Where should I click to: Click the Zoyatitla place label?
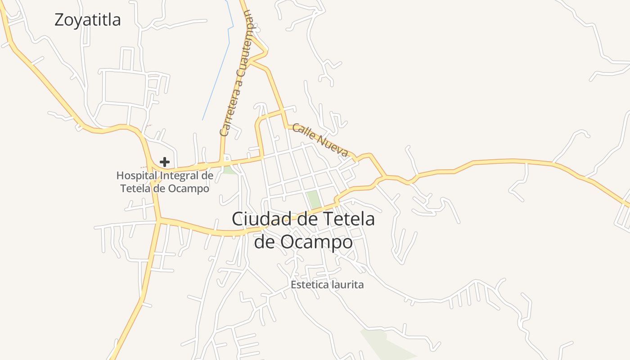point(87,20)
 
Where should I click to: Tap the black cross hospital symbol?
point(165,162)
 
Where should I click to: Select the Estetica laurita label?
point(327,285)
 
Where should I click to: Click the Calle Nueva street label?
point(320,140)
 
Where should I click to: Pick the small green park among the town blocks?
point(314,199)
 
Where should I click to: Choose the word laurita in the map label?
point(347,285)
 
